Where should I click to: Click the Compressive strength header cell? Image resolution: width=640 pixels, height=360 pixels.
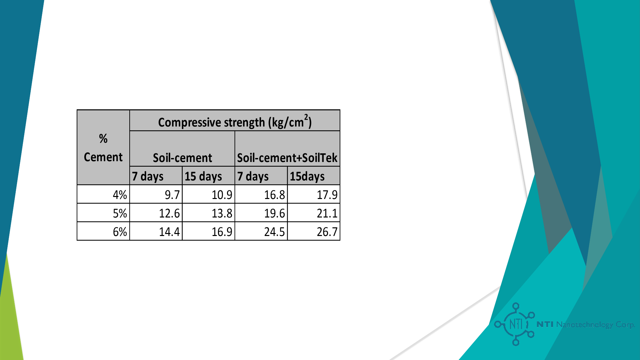(235, 121)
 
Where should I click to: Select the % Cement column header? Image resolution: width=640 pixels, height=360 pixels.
(103, 147)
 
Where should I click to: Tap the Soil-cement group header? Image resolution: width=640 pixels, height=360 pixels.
(182, 149)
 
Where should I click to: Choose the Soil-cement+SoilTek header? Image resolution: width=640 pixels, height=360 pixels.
(287, 149)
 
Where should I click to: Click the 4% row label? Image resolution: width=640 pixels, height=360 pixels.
(103, 194)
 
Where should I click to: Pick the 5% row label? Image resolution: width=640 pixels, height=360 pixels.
(103, 213)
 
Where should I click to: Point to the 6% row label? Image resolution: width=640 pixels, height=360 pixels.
(103, 231)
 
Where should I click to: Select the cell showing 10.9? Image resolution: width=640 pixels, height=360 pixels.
(209, 194)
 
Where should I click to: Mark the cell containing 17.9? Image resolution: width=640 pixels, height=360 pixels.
(314, 194)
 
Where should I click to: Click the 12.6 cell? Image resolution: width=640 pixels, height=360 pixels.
(156, 213)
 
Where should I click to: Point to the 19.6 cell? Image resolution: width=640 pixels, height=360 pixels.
(261, 213)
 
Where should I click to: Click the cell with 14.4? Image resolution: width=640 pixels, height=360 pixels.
(156, 231)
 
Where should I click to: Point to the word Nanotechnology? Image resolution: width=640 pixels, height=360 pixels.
(584, 324)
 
